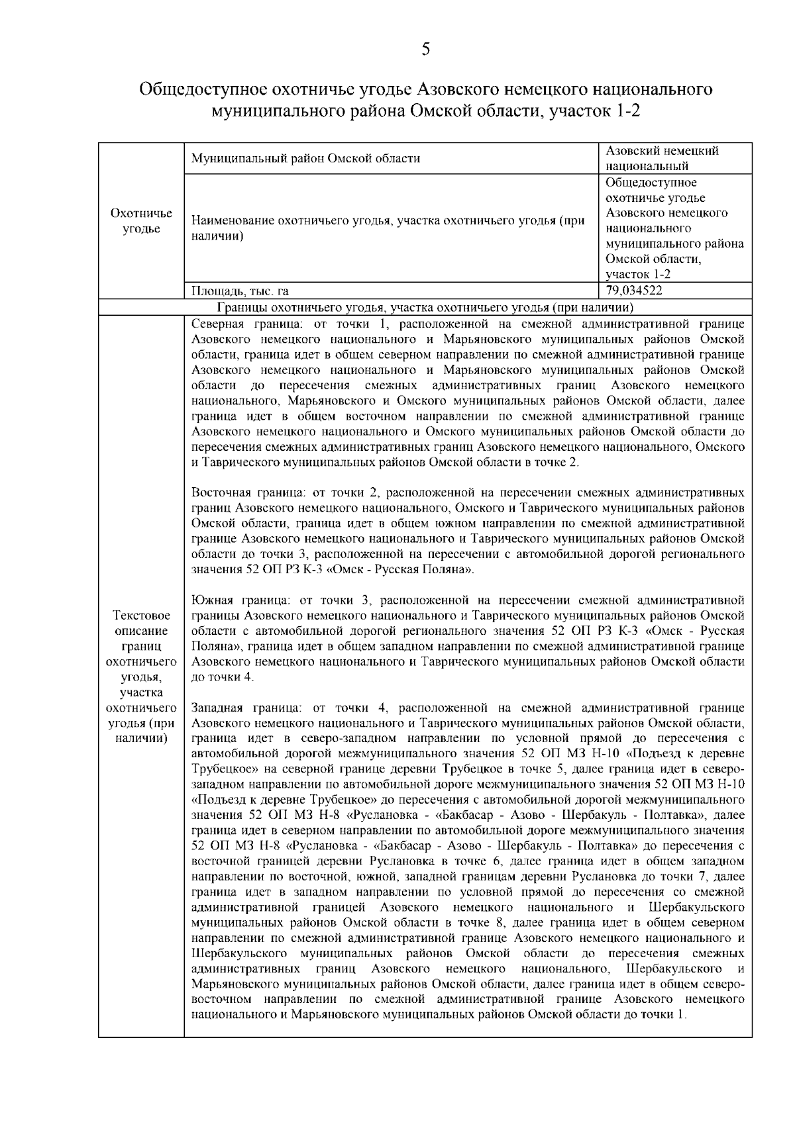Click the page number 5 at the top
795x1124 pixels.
pos(425,48)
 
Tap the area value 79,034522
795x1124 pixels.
pos(634,290)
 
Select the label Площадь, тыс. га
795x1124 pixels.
pos(240,291)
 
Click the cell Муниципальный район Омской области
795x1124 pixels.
pos(305,158)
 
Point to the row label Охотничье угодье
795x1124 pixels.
pos(141,221)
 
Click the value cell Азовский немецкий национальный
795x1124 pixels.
pos(662,158)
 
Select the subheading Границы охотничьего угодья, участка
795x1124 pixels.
pos(425,307)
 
